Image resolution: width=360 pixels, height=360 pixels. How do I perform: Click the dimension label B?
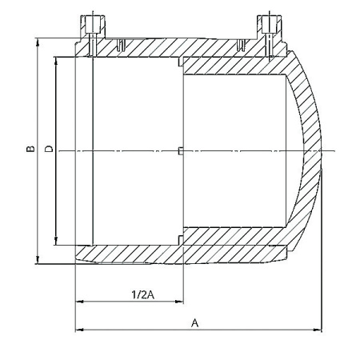pos(30,149)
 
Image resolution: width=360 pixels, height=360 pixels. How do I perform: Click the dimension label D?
pos(49,149)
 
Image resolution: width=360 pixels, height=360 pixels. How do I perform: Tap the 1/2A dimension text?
pos(143,294)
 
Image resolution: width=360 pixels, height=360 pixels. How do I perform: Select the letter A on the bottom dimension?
pos(195,323)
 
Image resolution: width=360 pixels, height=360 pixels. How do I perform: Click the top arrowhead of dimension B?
pos(38,42)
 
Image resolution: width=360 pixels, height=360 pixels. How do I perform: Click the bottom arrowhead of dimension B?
pos(38,260)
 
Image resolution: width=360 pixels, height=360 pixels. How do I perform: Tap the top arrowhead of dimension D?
pos(56,61)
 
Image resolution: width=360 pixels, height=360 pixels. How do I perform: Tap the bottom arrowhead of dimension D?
pos(56,241)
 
